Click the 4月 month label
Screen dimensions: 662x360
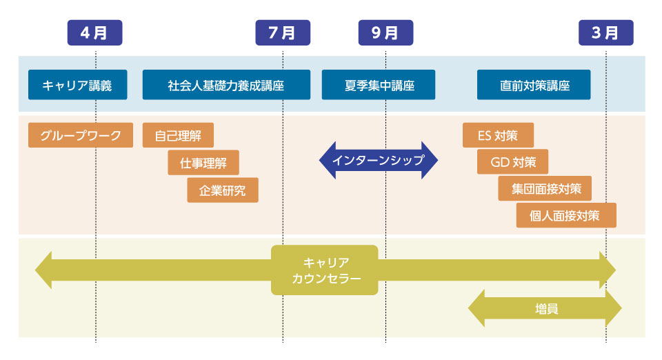[94, 32]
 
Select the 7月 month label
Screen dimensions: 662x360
[283, 32]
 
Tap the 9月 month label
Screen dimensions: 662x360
[385, 32]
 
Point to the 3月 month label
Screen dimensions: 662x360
[606, 32]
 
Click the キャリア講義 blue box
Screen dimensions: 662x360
[78, 85]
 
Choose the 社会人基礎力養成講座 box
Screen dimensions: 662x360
[226, 85]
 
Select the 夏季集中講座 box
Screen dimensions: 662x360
[379, 85]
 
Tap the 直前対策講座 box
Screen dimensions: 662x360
[534, 85]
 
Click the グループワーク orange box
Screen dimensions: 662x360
[81, 135]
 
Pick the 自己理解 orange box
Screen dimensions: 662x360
[178, 135]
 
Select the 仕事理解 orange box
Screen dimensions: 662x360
[203, 163]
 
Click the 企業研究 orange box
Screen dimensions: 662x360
[223, 190]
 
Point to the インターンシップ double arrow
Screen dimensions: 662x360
[379, 161]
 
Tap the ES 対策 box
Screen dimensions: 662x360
[498, 135]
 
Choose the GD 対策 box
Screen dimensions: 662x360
[512, 161]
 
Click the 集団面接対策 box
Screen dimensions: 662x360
[545, 188]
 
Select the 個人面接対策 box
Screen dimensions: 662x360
[566, 215]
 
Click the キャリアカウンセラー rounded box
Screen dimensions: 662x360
[325, 270]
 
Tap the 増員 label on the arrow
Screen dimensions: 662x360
[547, 308]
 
